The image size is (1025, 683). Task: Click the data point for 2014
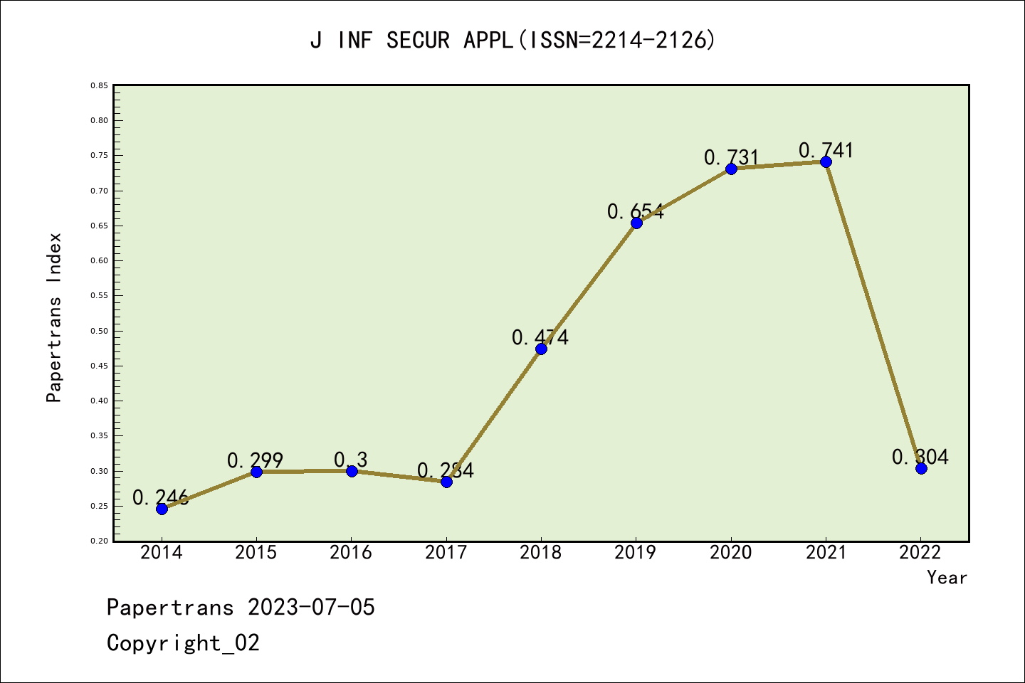pos(162,509)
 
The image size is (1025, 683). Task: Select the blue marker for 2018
pos(541,349)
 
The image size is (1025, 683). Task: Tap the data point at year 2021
pos(826,162)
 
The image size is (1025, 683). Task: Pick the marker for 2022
pos(921,468)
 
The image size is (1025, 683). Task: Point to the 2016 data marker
pos(352,471)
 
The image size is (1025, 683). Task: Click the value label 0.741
pos(826,150)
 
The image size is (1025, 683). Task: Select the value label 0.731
pos(731,157)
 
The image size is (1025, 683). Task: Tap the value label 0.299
pos(255,461)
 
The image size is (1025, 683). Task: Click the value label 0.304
pos(920,457)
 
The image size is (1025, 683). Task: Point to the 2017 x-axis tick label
pos(446,553)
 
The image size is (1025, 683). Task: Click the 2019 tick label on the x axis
pos(636,553)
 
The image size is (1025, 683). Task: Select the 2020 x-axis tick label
pos(730,553)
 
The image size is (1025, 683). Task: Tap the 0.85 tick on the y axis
pos(99,85)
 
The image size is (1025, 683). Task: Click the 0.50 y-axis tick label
pos(99,331)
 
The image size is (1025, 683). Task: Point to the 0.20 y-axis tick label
pos(99,541)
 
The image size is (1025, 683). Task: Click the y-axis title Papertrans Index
pos(54,317)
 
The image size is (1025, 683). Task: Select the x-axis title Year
pos(947,578)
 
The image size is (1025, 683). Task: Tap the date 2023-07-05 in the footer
pos(311,608)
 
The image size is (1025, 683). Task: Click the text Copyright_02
pos(183,643)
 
